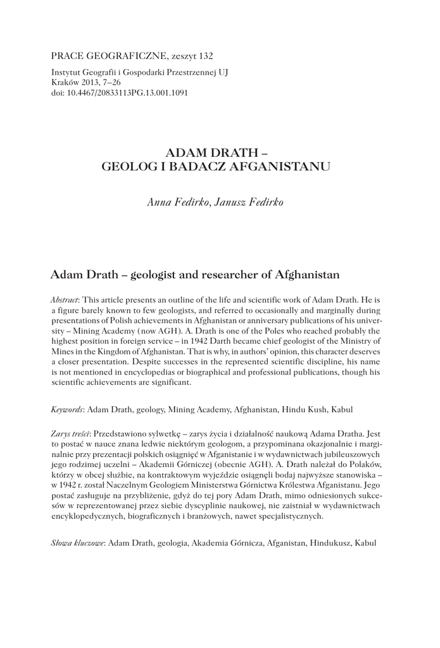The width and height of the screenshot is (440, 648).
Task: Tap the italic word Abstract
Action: click(65, 298)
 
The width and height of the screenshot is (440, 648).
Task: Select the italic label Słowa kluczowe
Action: click(77, 543)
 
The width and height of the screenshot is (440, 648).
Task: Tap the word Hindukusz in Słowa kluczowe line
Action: click(330, 543)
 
